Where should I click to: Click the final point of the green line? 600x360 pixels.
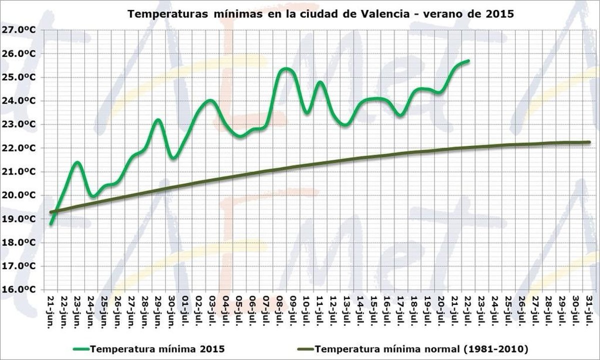(x=468, y=60)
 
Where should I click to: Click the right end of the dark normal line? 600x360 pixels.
(x=589, y=142)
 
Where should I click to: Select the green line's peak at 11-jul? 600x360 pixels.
(x=320, y=81)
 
